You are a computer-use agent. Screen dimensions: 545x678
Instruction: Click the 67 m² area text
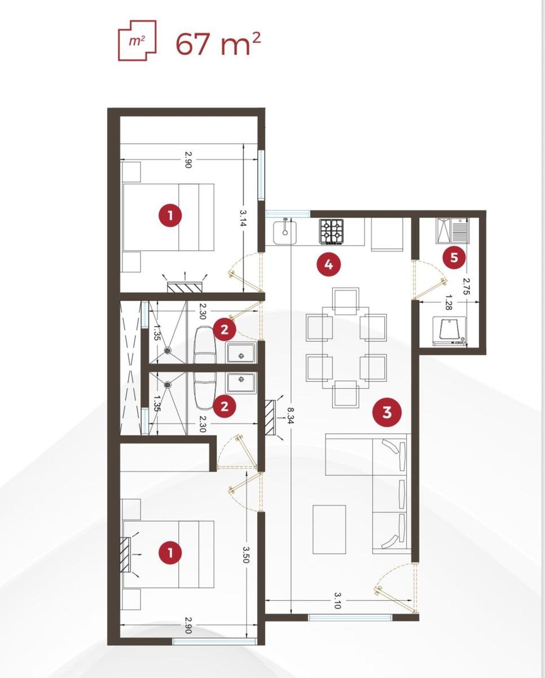[x=218, y=44]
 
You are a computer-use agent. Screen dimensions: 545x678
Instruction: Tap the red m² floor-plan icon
[x=137, y=40]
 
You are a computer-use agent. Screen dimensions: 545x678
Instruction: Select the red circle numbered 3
[x=386, y=412]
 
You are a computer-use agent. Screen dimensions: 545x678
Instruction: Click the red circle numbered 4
[x=328, y=264]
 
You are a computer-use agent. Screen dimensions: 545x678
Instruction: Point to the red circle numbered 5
[x=454, y=258]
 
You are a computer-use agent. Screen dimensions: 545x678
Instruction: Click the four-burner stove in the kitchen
[x=332, y=232]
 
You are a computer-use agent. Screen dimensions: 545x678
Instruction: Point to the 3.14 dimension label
[x=243, y=218]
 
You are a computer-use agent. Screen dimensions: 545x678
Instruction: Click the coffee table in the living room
[x=329, y=529]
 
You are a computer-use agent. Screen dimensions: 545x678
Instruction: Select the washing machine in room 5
[x=450, y=331]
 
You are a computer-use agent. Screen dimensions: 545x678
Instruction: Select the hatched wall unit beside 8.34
[x=271, y=418]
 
